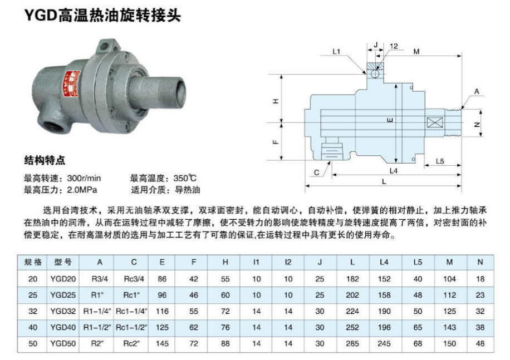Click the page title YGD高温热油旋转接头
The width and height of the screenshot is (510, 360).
102,15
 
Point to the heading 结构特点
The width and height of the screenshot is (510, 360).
45,160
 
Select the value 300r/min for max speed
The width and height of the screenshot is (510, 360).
84,178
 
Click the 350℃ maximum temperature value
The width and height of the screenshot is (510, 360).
185,178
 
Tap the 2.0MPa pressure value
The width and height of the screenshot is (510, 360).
82,190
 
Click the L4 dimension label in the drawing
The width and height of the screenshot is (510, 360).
394,171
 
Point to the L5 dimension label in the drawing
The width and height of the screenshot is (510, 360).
440,161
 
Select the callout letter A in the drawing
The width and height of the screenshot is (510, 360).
477,91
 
